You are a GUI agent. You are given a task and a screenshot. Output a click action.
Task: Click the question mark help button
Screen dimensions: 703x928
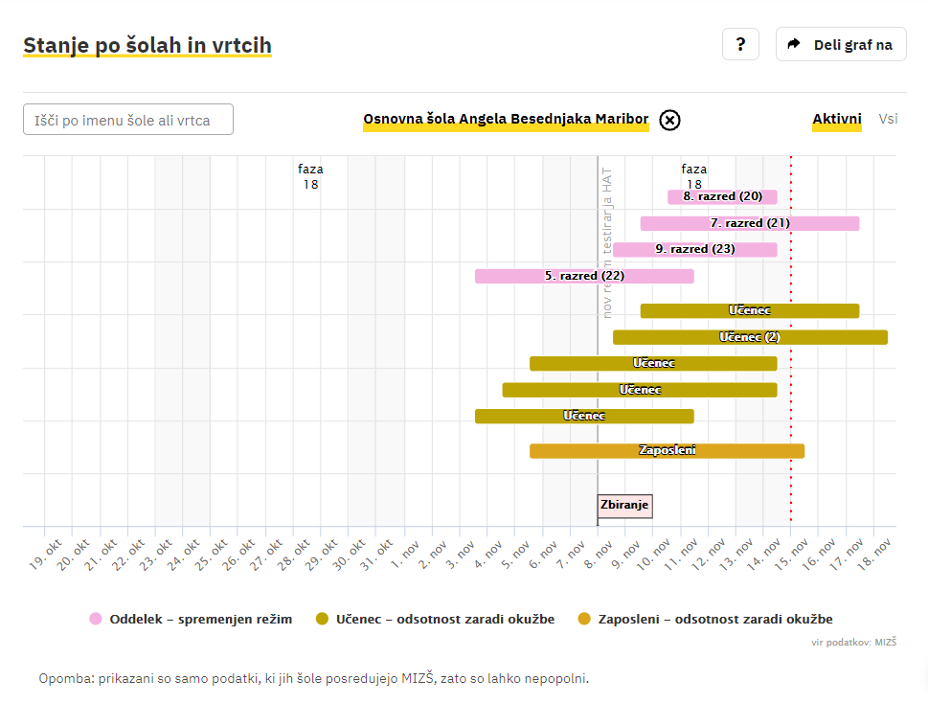point(740,44)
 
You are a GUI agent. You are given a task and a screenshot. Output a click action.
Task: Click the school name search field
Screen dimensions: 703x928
point(128,120)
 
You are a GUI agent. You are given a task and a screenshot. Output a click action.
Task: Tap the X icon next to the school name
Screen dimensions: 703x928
point(670,120)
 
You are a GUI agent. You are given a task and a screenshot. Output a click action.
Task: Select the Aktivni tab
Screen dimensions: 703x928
point(837,119)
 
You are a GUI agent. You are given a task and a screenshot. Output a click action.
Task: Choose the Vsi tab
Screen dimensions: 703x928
point(888,119)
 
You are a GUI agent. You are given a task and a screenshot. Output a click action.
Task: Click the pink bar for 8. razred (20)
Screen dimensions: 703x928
point(722,196)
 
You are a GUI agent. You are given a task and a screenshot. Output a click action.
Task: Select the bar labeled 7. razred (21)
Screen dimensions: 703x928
point(749,223)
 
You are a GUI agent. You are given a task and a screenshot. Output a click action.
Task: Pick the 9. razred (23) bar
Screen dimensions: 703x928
point(694,249)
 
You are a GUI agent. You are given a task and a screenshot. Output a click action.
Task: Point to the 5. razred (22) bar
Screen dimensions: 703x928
point(584,276)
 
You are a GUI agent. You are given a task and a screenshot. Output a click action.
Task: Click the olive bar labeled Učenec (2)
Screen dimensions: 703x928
point(750,337)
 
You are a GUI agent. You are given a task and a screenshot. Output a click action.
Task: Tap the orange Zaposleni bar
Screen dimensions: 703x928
point(667,450)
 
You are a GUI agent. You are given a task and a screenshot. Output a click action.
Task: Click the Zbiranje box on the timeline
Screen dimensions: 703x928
point(624,505)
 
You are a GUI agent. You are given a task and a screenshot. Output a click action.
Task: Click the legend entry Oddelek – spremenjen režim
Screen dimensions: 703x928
point(191,619)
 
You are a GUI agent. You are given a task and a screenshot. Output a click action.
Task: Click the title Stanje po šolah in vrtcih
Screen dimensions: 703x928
point(147,45)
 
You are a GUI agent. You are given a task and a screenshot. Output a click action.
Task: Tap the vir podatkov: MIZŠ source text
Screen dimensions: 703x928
point(854,642)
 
